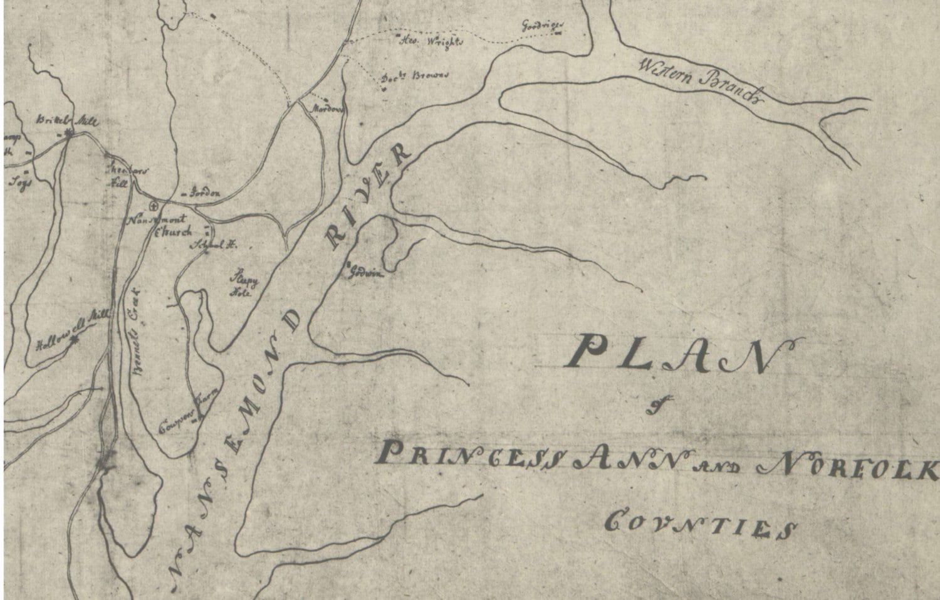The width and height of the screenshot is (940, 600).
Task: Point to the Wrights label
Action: (432, 43)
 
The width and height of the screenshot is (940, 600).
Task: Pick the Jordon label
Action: (204, 194)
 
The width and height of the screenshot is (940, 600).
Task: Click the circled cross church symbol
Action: (154, 205)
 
